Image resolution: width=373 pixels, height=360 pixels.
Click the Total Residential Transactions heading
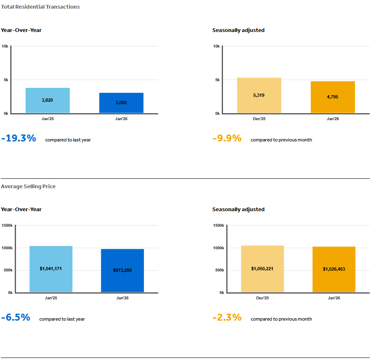coord(40,7)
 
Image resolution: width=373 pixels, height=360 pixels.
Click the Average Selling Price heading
coord(28,186)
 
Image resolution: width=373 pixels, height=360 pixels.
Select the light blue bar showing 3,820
coord(48,100)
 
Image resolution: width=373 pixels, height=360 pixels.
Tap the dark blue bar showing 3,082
coord(121,103)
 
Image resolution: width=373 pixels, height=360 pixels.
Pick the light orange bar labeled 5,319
coord(259,95)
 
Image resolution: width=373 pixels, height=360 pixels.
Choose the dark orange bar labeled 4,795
coord(333,97)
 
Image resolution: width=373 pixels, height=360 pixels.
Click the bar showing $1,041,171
coord(51,269)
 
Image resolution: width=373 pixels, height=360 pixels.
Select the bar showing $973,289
coord(123,270)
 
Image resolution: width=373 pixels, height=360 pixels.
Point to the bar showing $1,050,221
coord(262,269)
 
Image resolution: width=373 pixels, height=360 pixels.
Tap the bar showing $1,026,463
coord(334,269)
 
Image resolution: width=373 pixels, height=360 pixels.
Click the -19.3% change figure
coord(19,139)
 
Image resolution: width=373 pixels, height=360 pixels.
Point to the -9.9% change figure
coord(227,139)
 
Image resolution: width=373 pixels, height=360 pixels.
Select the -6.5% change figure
coord(16,318)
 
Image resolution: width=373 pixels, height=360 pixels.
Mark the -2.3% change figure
coord(227,318)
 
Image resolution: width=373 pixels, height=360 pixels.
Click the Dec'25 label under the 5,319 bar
coord(259,119)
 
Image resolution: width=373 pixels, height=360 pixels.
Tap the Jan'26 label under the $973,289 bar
coord(123,298)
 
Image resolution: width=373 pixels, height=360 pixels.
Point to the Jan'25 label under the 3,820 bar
coord(48,119)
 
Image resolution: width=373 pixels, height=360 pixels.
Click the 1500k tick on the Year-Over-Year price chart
coord(7,226)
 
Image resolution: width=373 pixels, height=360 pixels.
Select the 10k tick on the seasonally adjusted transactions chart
coord(216,46)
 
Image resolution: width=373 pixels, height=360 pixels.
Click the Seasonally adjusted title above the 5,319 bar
coord(238,30)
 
